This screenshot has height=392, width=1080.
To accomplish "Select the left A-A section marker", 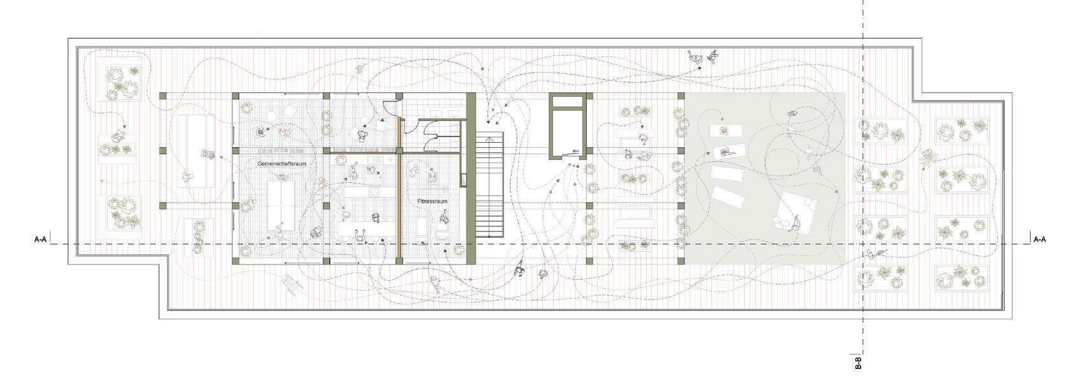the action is click(40, 238).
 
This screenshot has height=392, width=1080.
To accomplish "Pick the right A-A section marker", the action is click(1040, 238).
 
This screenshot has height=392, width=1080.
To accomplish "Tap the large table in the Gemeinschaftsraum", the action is click(281, 206).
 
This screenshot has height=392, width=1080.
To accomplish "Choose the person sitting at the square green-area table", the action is click(795, 224).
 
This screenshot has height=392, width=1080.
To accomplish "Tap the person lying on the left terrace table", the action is click(207, 154).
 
